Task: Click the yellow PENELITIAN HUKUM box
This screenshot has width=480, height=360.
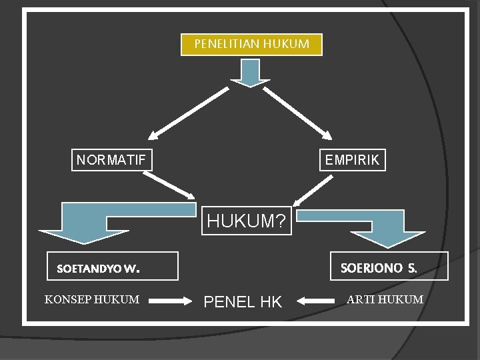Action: [251, 45]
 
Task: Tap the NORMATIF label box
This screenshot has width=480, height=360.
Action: [112, 160]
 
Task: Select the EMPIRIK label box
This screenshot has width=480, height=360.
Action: [351, 160]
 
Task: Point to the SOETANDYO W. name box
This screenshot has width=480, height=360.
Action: [112, 266]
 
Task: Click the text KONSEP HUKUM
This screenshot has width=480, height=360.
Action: [92, 299]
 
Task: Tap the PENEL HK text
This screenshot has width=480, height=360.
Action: [243, 302]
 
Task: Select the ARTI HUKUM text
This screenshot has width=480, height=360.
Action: [385, 299]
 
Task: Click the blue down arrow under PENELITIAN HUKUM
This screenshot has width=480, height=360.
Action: [250, 74]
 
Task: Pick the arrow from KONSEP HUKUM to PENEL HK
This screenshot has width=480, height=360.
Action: [170, 301]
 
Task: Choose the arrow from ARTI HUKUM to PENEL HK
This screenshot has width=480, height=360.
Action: [315, 301]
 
